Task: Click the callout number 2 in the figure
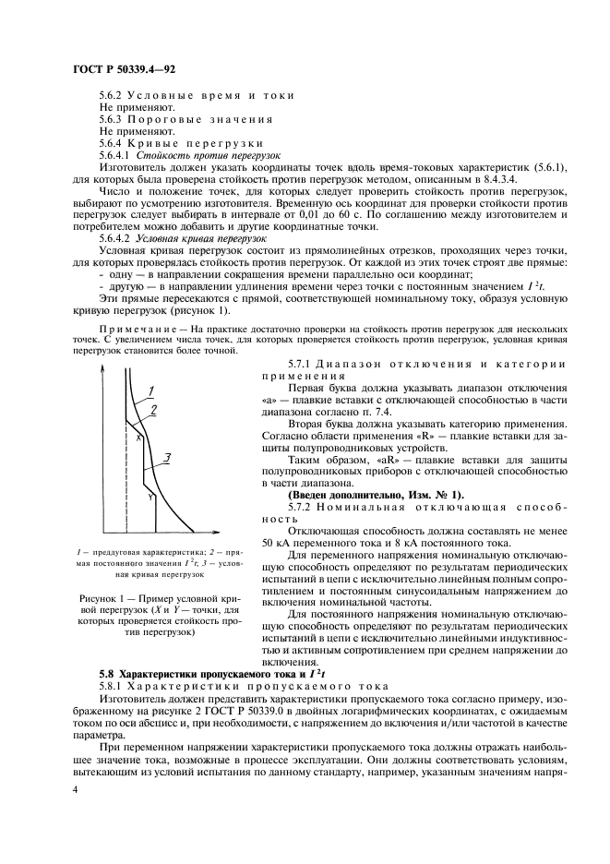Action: click(x=153, y=407)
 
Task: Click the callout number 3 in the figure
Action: click(x=164, y=455)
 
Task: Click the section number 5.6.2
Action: click(x=113, y=95)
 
